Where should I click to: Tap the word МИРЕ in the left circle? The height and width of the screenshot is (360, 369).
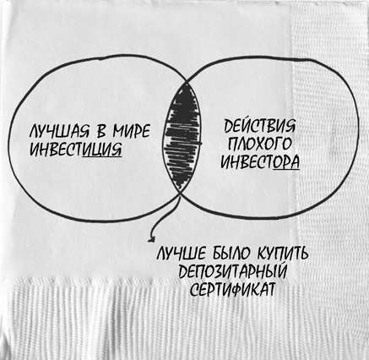(x=132, y=131)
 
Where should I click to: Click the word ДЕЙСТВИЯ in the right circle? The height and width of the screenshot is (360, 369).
(x=259, y=126)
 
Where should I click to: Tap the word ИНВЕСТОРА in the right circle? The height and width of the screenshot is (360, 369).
(x=259, y=162)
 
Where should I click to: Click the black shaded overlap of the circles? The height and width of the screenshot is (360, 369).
(x=182, y=138)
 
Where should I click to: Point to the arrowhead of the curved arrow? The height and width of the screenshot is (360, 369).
(x=152, y=238)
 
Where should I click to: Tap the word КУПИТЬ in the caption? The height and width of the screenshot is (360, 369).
(x=282, y=254)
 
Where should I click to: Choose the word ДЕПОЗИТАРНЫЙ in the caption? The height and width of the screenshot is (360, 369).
(x=233, y=272)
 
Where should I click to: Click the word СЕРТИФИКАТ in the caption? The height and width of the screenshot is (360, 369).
(x=232, y=289)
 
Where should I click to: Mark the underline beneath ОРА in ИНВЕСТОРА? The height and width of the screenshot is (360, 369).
(x=286, y=169)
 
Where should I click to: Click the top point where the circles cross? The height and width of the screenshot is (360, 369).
(x=186, y=83)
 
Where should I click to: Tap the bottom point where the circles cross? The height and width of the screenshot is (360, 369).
(x=180, y=192)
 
